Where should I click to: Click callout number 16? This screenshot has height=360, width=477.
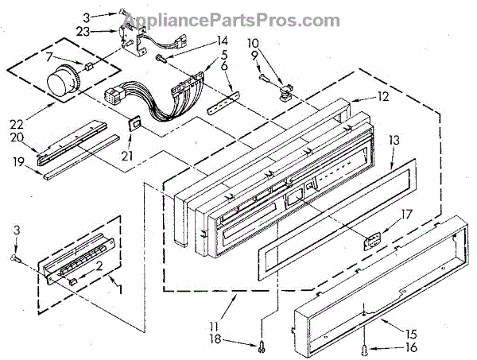point(389,346)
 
